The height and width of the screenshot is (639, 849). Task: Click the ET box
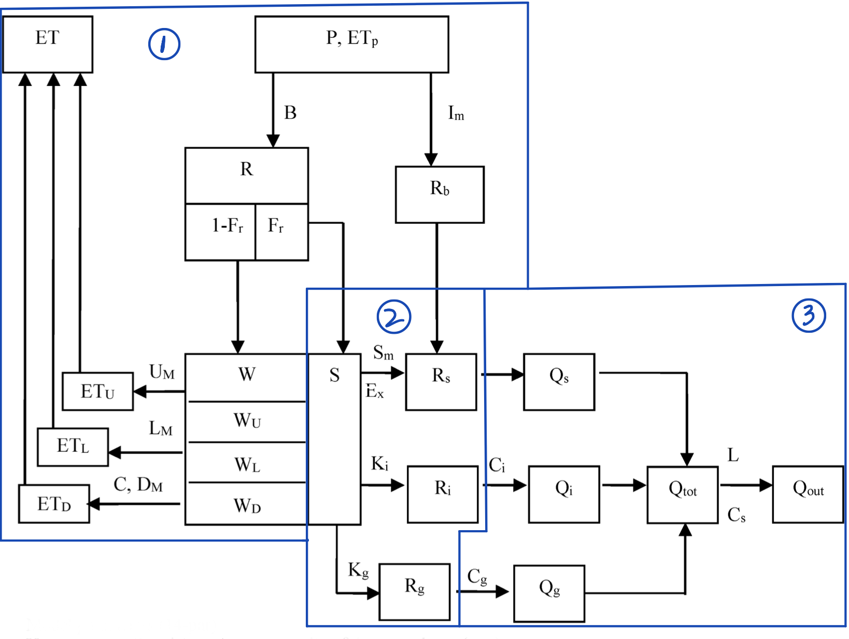coord(48,44)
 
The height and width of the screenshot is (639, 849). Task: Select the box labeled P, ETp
coord(351,44)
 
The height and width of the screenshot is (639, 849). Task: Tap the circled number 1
coord(164,44)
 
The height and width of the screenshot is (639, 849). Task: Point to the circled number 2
coord(393,317)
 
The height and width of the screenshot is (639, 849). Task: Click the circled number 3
coord(809,315)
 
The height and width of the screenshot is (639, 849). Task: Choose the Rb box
coord(440,194)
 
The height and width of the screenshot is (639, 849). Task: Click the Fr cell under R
coord(281,231)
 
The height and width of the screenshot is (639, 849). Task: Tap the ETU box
coord(97,391)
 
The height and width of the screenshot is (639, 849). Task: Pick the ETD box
coord(54,504)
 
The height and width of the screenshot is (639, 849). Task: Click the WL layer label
coord(247,464)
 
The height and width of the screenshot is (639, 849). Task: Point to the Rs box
coord(441,382)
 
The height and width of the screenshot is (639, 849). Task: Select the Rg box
coord(414,592)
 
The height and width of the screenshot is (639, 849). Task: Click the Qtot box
coord(682,494)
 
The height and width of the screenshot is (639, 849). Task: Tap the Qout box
coord(808,494)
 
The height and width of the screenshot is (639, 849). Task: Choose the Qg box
coord(549,593)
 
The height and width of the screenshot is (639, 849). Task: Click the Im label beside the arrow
coord(456,113)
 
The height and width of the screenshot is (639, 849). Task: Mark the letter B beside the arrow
coord(290,113)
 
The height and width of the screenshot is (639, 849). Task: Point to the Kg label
coord(358,570)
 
